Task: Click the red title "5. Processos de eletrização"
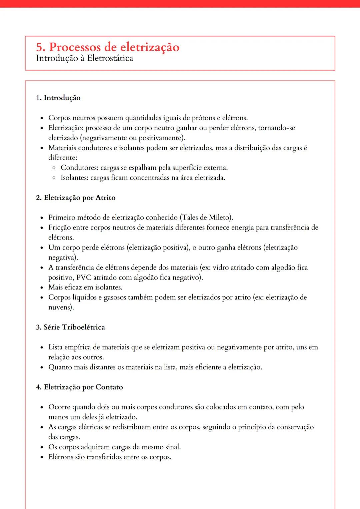point(108,47)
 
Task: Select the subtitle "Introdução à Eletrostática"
point(84,58)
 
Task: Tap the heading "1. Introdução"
point(58,98)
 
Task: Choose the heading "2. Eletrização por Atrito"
point(76,198)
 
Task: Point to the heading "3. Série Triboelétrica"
point(70,327)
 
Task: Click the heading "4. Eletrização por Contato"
point(79,387)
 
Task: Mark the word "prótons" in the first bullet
point(203,118)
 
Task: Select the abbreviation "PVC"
point(84,277)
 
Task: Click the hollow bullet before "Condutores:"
point(54,168)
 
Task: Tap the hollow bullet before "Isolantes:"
point(54,178)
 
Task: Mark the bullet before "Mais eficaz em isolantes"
point(42,287)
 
